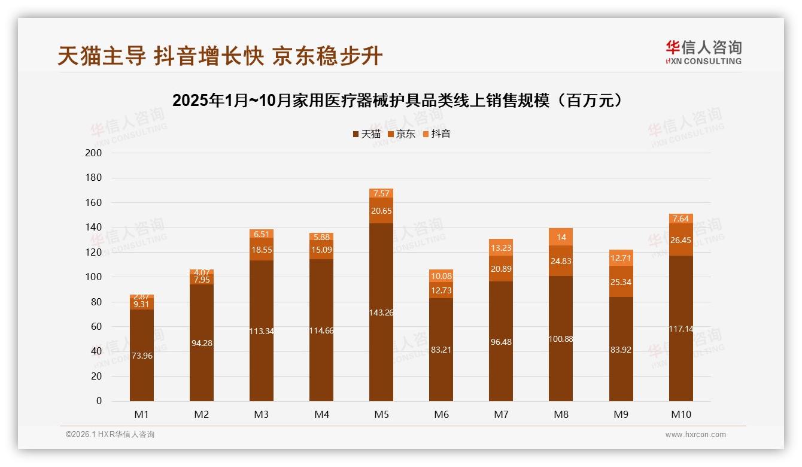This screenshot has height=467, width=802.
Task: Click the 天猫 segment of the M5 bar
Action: (x=381, y=335)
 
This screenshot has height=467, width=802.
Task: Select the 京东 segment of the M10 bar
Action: (x=681, y=239)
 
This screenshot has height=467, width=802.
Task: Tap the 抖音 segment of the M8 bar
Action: (x=561, y=237)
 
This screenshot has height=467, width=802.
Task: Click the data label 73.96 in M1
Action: (x=142, y=356)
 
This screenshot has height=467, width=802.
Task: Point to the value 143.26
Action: (x=381, y=313)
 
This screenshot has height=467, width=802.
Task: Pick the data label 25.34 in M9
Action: (x=621, y=282)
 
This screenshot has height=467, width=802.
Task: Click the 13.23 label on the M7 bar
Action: (x=501, y=248)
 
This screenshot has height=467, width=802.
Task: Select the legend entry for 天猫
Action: (x=367, y=134)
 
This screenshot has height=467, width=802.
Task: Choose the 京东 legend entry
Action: (x=402, y=134)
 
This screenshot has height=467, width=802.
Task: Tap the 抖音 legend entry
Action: (x=437, y=134)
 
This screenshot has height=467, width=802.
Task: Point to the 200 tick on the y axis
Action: (x=94, y=153)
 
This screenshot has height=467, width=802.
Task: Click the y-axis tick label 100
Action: (x=94, y=277)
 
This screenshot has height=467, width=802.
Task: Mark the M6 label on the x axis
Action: (x=441, y=414)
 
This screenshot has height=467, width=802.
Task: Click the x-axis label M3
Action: (x=262, y=414)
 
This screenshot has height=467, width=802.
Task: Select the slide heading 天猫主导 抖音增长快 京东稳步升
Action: (x=220, y=56)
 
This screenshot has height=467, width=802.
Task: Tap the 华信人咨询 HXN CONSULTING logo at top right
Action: (x=703, y=53)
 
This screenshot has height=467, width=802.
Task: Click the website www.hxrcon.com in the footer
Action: (x=695, y=435)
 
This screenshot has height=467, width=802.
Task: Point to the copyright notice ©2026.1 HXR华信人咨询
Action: (x=110, y=435)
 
